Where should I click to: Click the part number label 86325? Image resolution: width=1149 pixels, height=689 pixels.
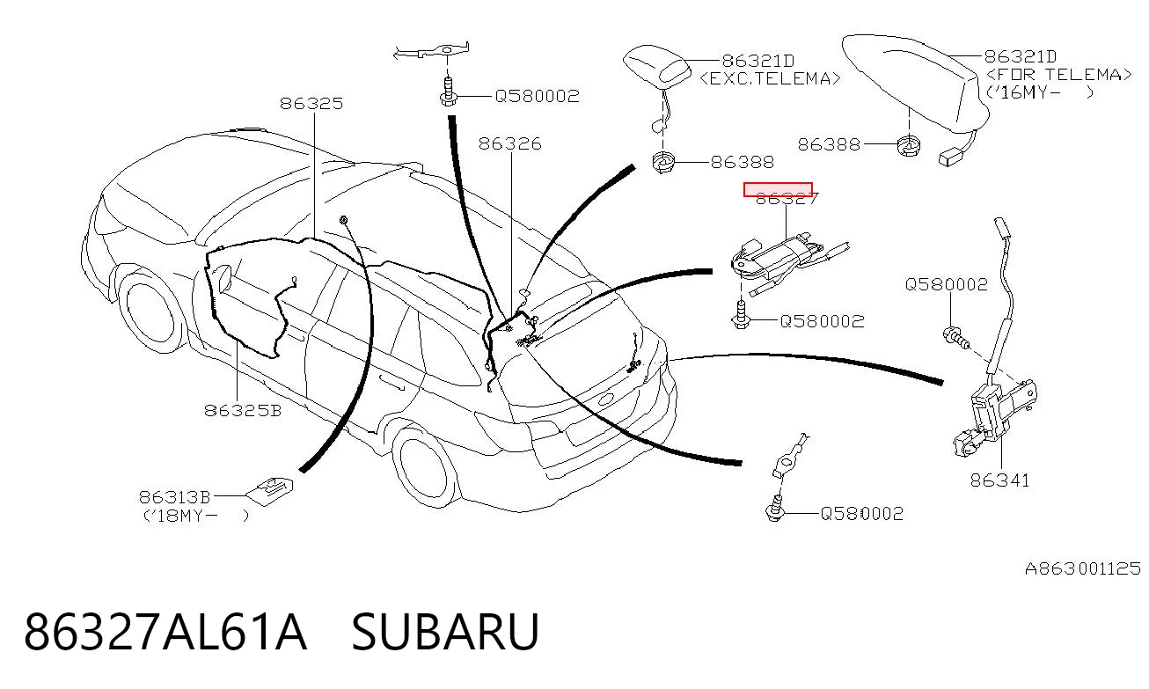(311, 104)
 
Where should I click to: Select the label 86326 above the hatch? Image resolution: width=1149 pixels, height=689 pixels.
(510, 143)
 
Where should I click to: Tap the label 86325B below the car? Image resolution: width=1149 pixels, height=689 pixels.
(243, 410)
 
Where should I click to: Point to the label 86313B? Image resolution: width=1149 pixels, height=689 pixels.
(174, 497)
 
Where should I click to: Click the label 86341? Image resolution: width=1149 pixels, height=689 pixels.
(999, 480)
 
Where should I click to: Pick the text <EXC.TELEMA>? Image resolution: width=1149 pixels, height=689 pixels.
(770, 78)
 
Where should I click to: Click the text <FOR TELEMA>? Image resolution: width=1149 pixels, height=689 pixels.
(1058, 75)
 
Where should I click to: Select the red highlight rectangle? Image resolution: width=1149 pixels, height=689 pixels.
(778, 189)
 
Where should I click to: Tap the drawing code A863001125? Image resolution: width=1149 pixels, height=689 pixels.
(1082, 568)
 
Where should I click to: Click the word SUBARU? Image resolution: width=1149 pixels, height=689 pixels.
(444, 632)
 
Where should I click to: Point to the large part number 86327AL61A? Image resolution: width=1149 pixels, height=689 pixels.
(165, 632)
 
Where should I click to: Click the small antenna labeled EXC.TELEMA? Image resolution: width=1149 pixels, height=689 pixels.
(657, 67)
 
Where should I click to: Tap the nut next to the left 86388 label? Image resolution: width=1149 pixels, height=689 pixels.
(662, 163)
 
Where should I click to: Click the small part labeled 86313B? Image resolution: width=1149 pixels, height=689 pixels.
(270, 492)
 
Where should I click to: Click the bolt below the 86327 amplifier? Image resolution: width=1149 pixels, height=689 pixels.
(740, 316)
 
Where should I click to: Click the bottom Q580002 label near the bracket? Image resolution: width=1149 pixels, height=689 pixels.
(862, 514)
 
